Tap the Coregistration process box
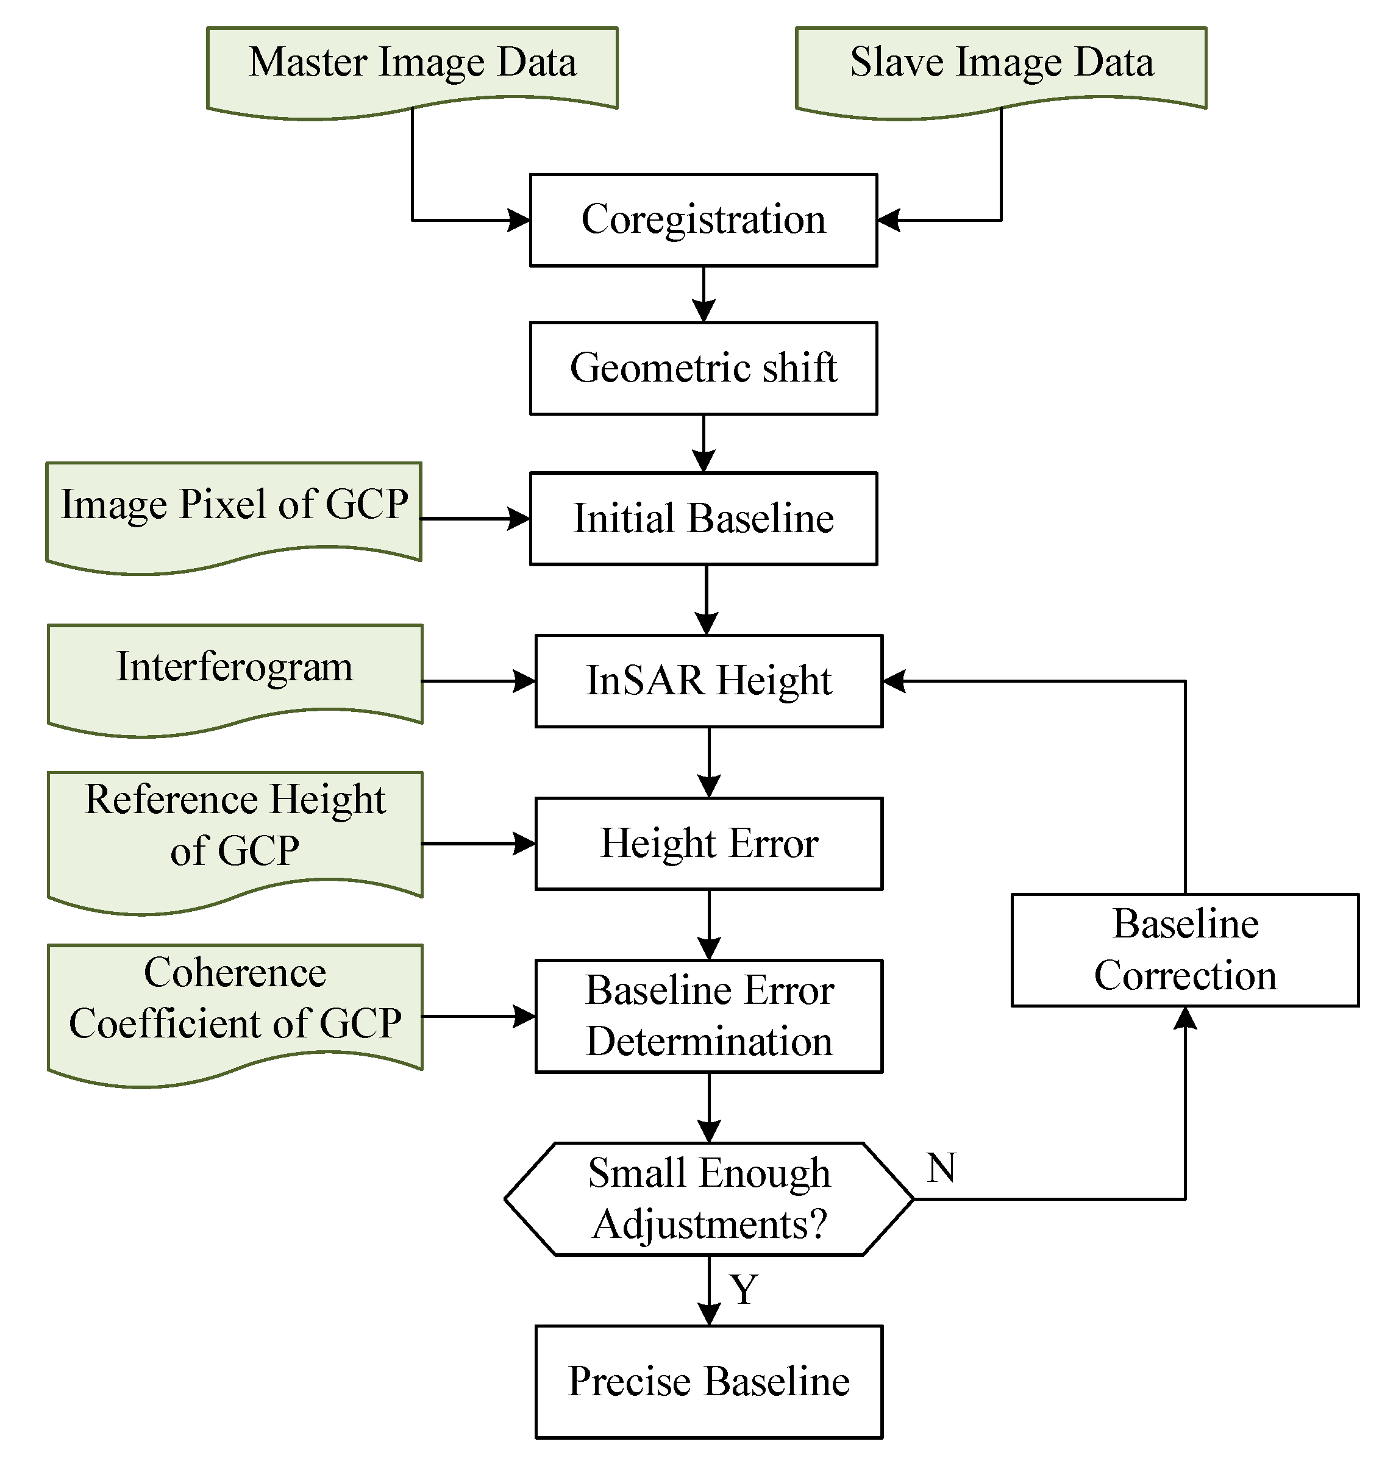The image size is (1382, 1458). click(x=703, y=220)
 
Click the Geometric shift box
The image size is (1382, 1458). click(x=703, y=368)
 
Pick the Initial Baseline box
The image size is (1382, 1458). click(x=703, y=519)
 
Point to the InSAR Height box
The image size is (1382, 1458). click(x=709, y=681)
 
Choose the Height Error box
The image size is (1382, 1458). click(x=709, y=844)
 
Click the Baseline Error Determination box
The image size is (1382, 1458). click(x=709, y=1016)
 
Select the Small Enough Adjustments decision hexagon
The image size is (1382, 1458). click(x=709, y=1199)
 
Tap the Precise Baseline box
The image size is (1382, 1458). click(x=709, y=1381)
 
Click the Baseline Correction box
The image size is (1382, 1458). click(x=1184, y=950)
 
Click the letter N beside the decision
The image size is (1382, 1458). click(x=941, y=1168)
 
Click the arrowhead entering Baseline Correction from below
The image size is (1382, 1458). click(x=1184, y=1018)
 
